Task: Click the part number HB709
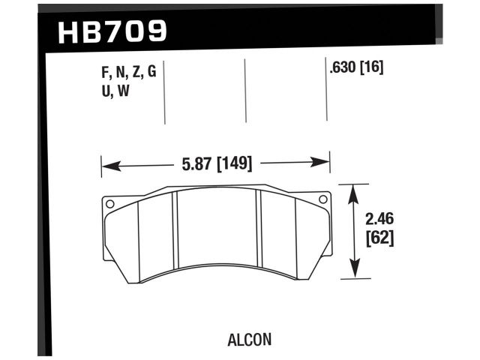point(112,31)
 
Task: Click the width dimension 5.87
point(197,162)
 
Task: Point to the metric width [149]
point(233,162)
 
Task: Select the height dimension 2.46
point(379,220)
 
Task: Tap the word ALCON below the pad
point(248,339)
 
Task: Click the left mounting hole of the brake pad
point(109,203)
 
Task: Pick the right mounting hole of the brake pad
point(323,199)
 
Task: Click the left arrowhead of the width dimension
point(106,163)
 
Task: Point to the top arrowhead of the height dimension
point(355,189)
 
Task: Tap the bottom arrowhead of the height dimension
point(355,273)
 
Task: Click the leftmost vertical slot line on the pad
point(140,240)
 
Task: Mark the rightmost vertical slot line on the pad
point(295,238)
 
